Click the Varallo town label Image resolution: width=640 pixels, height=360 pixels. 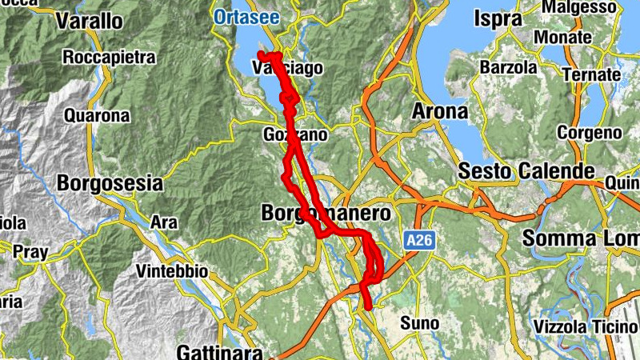pos(88,21)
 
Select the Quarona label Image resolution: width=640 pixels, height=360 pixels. pos(97,116)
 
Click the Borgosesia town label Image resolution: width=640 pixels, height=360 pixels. pos(110,184)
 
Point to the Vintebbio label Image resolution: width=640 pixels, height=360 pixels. pos(172,272)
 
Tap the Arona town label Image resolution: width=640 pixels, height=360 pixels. pos(439,112)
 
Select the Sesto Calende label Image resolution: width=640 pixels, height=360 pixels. pos(526,171)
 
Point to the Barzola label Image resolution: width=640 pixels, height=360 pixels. pos(508,68)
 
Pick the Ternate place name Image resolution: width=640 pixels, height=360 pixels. pos(591,74)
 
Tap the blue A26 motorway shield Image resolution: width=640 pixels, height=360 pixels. pos(418,239)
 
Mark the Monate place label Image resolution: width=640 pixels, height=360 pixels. pos(563,38)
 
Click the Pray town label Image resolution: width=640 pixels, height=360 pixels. pos(30,252)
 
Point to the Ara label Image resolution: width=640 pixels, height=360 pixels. pos(164,221)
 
